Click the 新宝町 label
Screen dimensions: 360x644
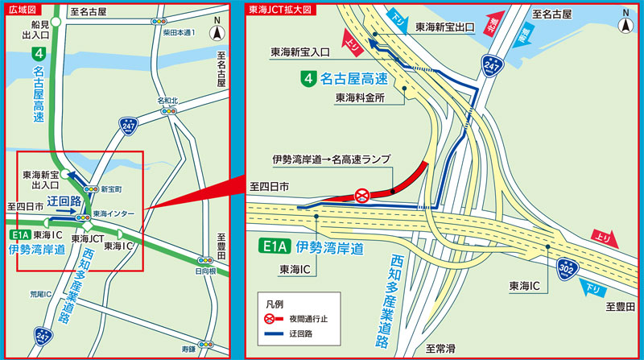[112, 188]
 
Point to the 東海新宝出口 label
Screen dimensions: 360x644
[444, 27]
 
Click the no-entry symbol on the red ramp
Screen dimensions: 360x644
[362, 194]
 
